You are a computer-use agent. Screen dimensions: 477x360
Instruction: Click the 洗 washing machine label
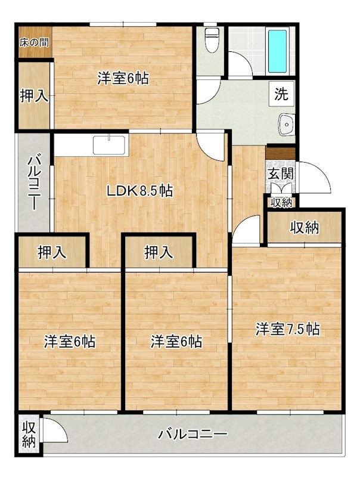coord(281,94)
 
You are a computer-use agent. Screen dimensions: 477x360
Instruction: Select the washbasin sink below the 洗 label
coord(285,125)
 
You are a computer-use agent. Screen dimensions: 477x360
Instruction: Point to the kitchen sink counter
coord(110,145)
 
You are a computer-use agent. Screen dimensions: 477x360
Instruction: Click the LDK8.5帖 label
coord(140,191)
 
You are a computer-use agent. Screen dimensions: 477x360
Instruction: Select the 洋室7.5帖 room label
coord(288,329)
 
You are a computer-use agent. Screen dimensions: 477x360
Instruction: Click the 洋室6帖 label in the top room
coord(123,78)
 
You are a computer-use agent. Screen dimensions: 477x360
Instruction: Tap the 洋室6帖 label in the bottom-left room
coord(70,342)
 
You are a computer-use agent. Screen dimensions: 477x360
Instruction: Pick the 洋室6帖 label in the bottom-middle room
coord(176,342)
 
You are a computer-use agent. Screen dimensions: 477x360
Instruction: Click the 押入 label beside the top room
coord(34,96)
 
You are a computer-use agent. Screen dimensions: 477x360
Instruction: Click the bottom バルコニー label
coord(193,434)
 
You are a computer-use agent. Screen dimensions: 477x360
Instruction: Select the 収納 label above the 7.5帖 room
coord(304,227)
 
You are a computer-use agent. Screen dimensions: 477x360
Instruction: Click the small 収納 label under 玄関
coord(281,203)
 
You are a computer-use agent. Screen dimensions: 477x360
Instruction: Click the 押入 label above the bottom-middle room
coord(159,253)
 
